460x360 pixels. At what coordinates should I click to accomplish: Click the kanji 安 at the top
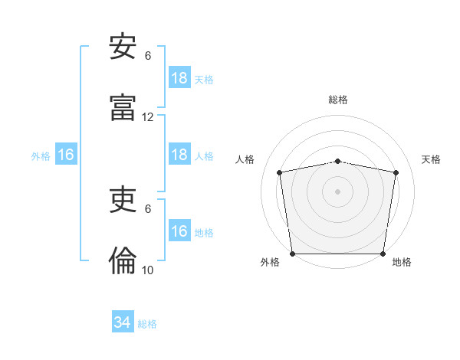tap(123, 46)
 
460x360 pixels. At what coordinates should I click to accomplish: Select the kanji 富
tap(123, 107)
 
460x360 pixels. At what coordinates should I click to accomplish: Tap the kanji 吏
tap(123, 199)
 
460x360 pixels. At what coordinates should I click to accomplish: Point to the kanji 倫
tap(123, 260)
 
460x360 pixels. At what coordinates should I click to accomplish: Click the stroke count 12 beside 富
tap(147, 117)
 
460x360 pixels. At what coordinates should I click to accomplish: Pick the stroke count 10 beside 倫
tap(147, 270)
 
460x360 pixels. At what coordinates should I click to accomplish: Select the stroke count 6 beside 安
tap(148, 56)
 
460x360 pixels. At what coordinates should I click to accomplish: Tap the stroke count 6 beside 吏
tap(148, 209)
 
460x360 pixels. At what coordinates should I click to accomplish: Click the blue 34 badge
tap(123, 321)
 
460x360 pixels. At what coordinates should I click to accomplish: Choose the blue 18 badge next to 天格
tap(180, 77)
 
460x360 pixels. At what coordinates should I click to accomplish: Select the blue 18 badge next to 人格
tap(180, 154)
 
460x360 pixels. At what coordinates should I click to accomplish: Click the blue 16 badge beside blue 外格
tap(66, 154)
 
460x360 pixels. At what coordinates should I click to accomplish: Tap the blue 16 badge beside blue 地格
tap(180, 230)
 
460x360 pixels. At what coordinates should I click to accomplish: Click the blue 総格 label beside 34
tap(147, 324)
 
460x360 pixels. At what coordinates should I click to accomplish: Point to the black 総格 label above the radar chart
tap(338, 100)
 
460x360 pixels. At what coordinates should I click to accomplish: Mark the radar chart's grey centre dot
tap(337, 191)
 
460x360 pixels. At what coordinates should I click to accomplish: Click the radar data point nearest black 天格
tap(396, 172)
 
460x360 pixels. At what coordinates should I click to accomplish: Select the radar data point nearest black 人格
tap(279, 172)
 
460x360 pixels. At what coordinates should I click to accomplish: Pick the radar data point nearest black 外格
tap(293, 254)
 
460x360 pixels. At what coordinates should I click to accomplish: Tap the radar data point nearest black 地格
tap(383, 254)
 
